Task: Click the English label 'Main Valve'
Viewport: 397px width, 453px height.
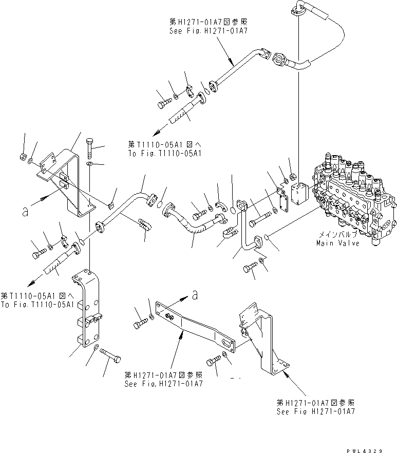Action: tap(337, 243)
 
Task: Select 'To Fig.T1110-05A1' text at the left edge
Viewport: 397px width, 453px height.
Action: tap(37, 304)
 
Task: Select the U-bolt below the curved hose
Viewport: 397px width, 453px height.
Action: tap(230, 237)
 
